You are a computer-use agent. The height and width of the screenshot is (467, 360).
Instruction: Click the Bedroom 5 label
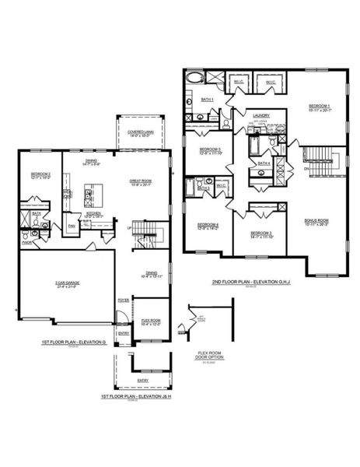pos(210,150)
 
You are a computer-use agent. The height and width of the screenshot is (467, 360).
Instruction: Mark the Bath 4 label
pos(264,163)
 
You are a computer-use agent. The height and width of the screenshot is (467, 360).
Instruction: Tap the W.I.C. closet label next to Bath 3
pos(221,185)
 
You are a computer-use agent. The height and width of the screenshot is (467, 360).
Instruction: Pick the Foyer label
pos(123,299)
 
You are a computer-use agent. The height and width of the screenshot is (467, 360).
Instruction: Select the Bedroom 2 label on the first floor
pos(40,174)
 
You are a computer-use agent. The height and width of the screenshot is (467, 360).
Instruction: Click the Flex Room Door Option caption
pos(211,355)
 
